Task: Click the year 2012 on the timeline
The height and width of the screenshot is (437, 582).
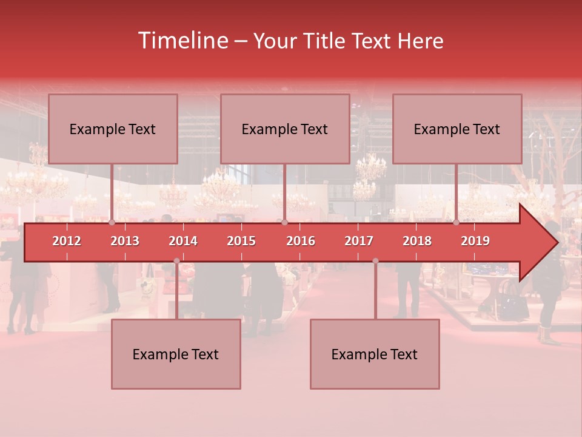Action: pos(67,241)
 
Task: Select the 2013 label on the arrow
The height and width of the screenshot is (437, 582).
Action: pos(125,241)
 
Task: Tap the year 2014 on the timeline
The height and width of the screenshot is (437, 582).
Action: pos(183,241)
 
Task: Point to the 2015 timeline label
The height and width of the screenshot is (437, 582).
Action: pos(241,241)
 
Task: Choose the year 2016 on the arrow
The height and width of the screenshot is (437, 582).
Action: pos(301,241)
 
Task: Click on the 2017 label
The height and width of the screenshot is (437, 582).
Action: pos(359,241)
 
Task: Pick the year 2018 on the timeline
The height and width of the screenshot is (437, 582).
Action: pos(417,241)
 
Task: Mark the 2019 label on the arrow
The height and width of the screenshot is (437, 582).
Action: pos(475,241)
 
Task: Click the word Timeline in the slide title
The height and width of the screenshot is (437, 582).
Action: pos(182,41)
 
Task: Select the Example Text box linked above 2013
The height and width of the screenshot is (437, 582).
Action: pos(113,129)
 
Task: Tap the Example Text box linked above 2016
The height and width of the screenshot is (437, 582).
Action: pos(285,129)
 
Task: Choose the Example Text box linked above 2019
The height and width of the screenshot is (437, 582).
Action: pos(457,129)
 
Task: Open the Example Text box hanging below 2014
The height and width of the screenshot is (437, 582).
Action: pos(176,354)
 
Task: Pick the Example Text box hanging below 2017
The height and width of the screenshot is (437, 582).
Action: pos(375,354)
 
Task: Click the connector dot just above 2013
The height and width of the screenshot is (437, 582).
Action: pos(112,223)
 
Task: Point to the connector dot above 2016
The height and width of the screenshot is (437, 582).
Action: pos(284,223)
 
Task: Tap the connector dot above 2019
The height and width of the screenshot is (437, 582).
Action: pos(457,223)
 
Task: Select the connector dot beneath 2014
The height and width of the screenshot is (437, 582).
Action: pos(176,261)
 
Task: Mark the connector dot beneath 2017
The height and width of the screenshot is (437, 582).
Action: pos(375,261)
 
